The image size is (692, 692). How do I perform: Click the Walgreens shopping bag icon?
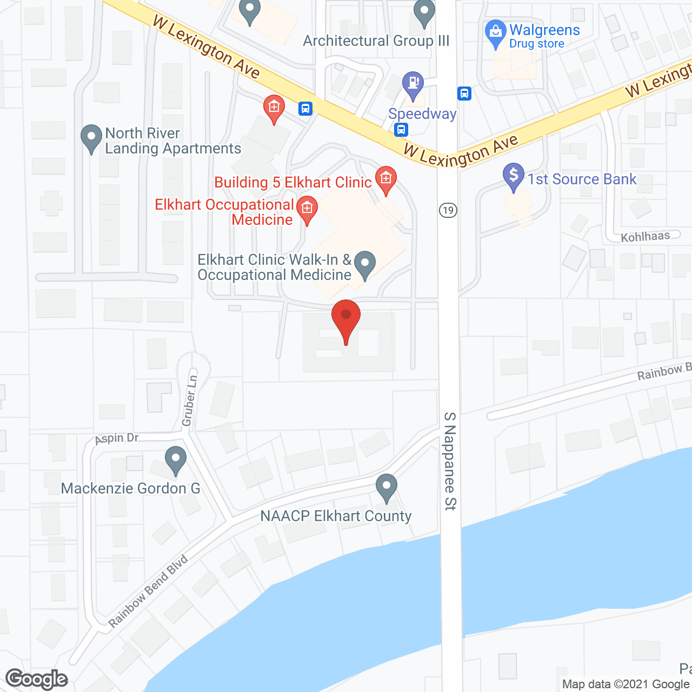pos(495,34)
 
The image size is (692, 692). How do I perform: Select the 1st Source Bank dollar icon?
pos(513,176)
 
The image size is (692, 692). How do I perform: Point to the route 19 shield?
pos(448,210)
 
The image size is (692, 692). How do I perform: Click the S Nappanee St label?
pos(450,461)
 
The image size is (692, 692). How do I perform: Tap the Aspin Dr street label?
pos(117,438)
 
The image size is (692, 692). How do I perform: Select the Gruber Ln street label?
pos(189,400)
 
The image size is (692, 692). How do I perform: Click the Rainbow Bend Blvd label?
pos(148,591)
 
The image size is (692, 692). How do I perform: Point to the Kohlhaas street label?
pos(645,236)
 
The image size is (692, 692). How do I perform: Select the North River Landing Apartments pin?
pos(91,138)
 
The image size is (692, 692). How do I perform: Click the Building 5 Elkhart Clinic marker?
pos(385,180)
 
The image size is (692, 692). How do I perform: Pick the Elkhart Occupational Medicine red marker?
pos(307,209)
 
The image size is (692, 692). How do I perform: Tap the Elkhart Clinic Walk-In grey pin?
pos(365,264)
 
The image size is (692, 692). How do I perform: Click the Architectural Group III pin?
pos(424,13)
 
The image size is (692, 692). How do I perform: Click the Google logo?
pos(37,679)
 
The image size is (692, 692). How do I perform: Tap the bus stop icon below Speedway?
pos(401,129)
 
